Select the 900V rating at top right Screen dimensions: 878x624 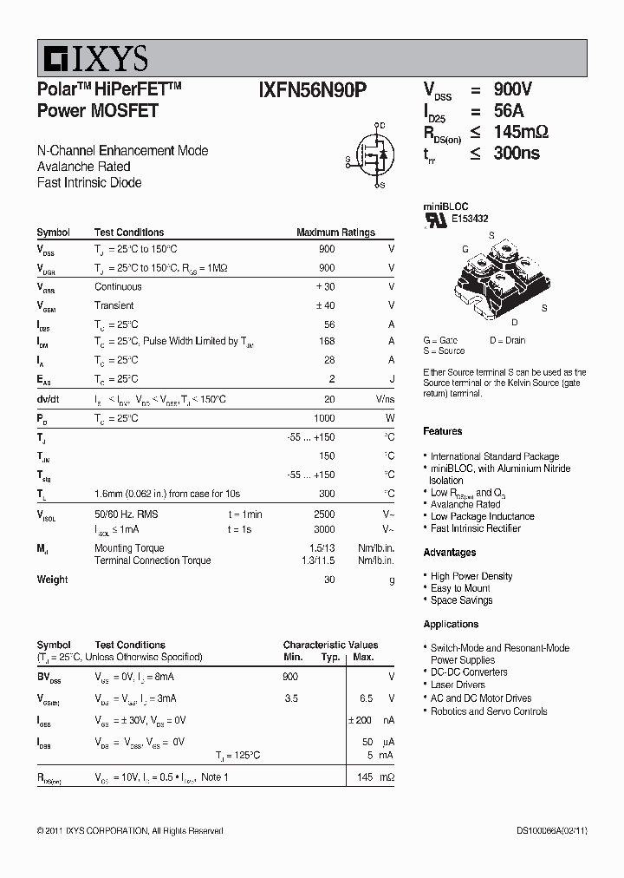click(512, 89)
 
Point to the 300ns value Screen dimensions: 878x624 click(516, 154)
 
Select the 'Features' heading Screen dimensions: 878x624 click(442, 431)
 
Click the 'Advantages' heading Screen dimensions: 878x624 click(449, 553)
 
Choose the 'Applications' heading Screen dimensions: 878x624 click(451, 624)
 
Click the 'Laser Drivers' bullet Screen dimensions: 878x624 click(458, 685)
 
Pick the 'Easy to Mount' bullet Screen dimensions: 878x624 click(460, 588)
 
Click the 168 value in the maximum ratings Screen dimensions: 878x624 click(326, 341)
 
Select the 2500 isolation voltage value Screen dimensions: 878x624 click(323, 514)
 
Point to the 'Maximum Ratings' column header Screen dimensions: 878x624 click(335, 233)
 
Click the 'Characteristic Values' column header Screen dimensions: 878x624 click(330, 645)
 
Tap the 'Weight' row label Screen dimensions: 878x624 click(52, 580)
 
